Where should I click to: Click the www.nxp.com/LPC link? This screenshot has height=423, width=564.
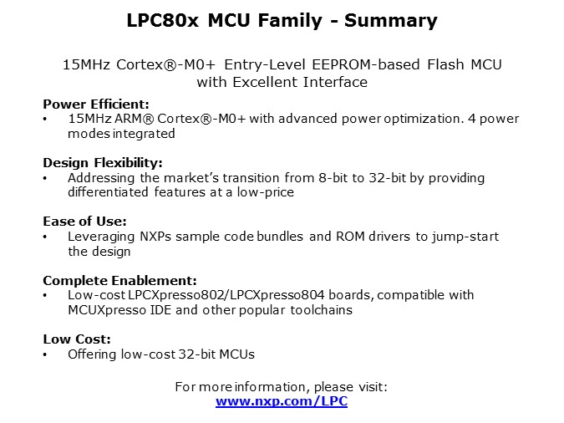coord(282,401)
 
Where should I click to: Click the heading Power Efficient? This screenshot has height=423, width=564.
coord(96,104)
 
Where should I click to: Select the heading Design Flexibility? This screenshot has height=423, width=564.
coord(102,163)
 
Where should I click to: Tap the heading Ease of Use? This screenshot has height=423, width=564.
coord(84,222)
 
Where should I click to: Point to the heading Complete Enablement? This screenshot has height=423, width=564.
coord(119,280)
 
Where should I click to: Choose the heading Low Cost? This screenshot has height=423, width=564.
coord(75,339)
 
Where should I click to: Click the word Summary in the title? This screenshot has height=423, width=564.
coord(389,20)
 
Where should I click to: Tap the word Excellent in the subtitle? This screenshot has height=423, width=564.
coord(268,82)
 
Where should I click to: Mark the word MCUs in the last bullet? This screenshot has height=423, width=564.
coord(236,354)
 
